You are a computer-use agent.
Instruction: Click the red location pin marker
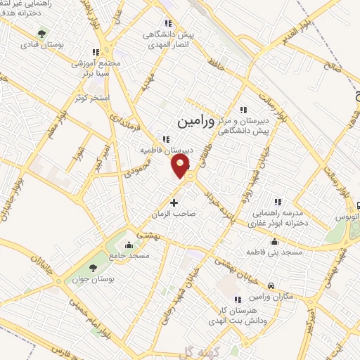[x=181, y=166]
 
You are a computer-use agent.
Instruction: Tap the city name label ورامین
[x=192, y=121]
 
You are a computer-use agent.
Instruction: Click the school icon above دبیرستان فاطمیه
[x=167, y=139]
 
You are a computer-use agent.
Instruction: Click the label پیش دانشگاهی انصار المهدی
[x=169, y=39]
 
